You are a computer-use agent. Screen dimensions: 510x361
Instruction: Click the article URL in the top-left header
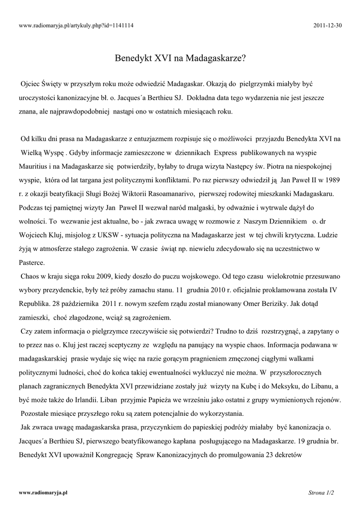click(x=76, y=24)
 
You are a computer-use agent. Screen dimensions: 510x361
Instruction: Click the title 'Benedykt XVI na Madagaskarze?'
click(x=180, y=58)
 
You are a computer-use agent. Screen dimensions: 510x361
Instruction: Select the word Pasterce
click(x=32, y=261)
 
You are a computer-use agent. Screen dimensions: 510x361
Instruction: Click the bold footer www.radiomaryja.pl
click(x=43, y=492)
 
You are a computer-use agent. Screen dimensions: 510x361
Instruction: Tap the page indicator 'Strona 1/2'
click(x=321, y=493)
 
